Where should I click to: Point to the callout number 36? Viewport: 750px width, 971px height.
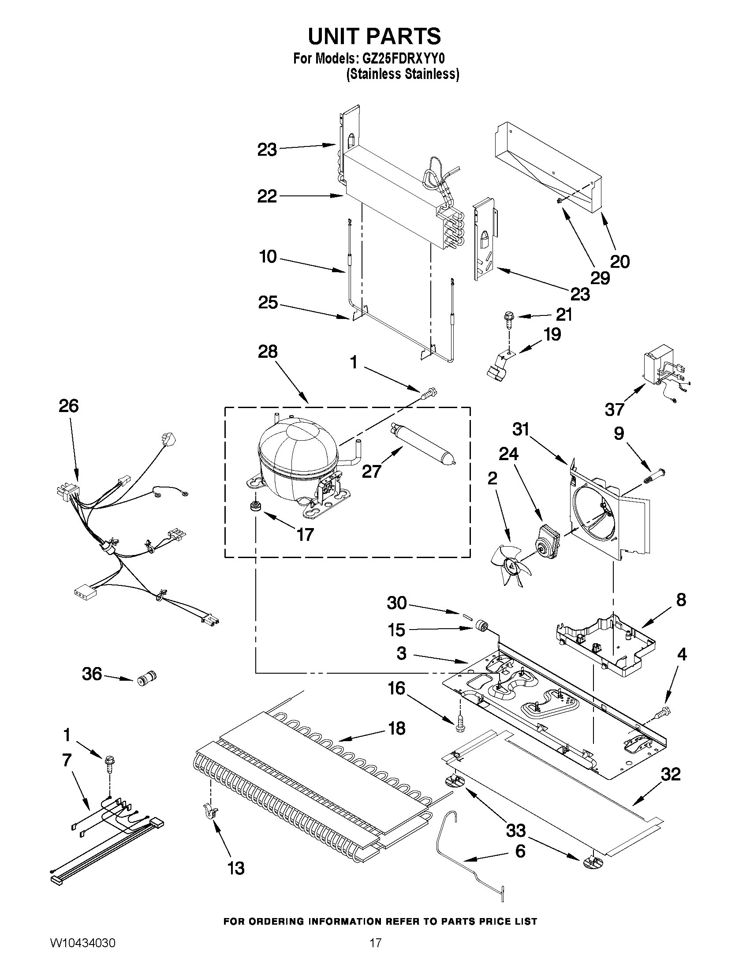pyautogui.click(x=92, y=674)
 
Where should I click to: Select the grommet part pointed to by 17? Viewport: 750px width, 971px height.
pyautogui.click(x=255, y=506)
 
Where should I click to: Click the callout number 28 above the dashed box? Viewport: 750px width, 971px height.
pyautogui.click(x=268, y=351)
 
